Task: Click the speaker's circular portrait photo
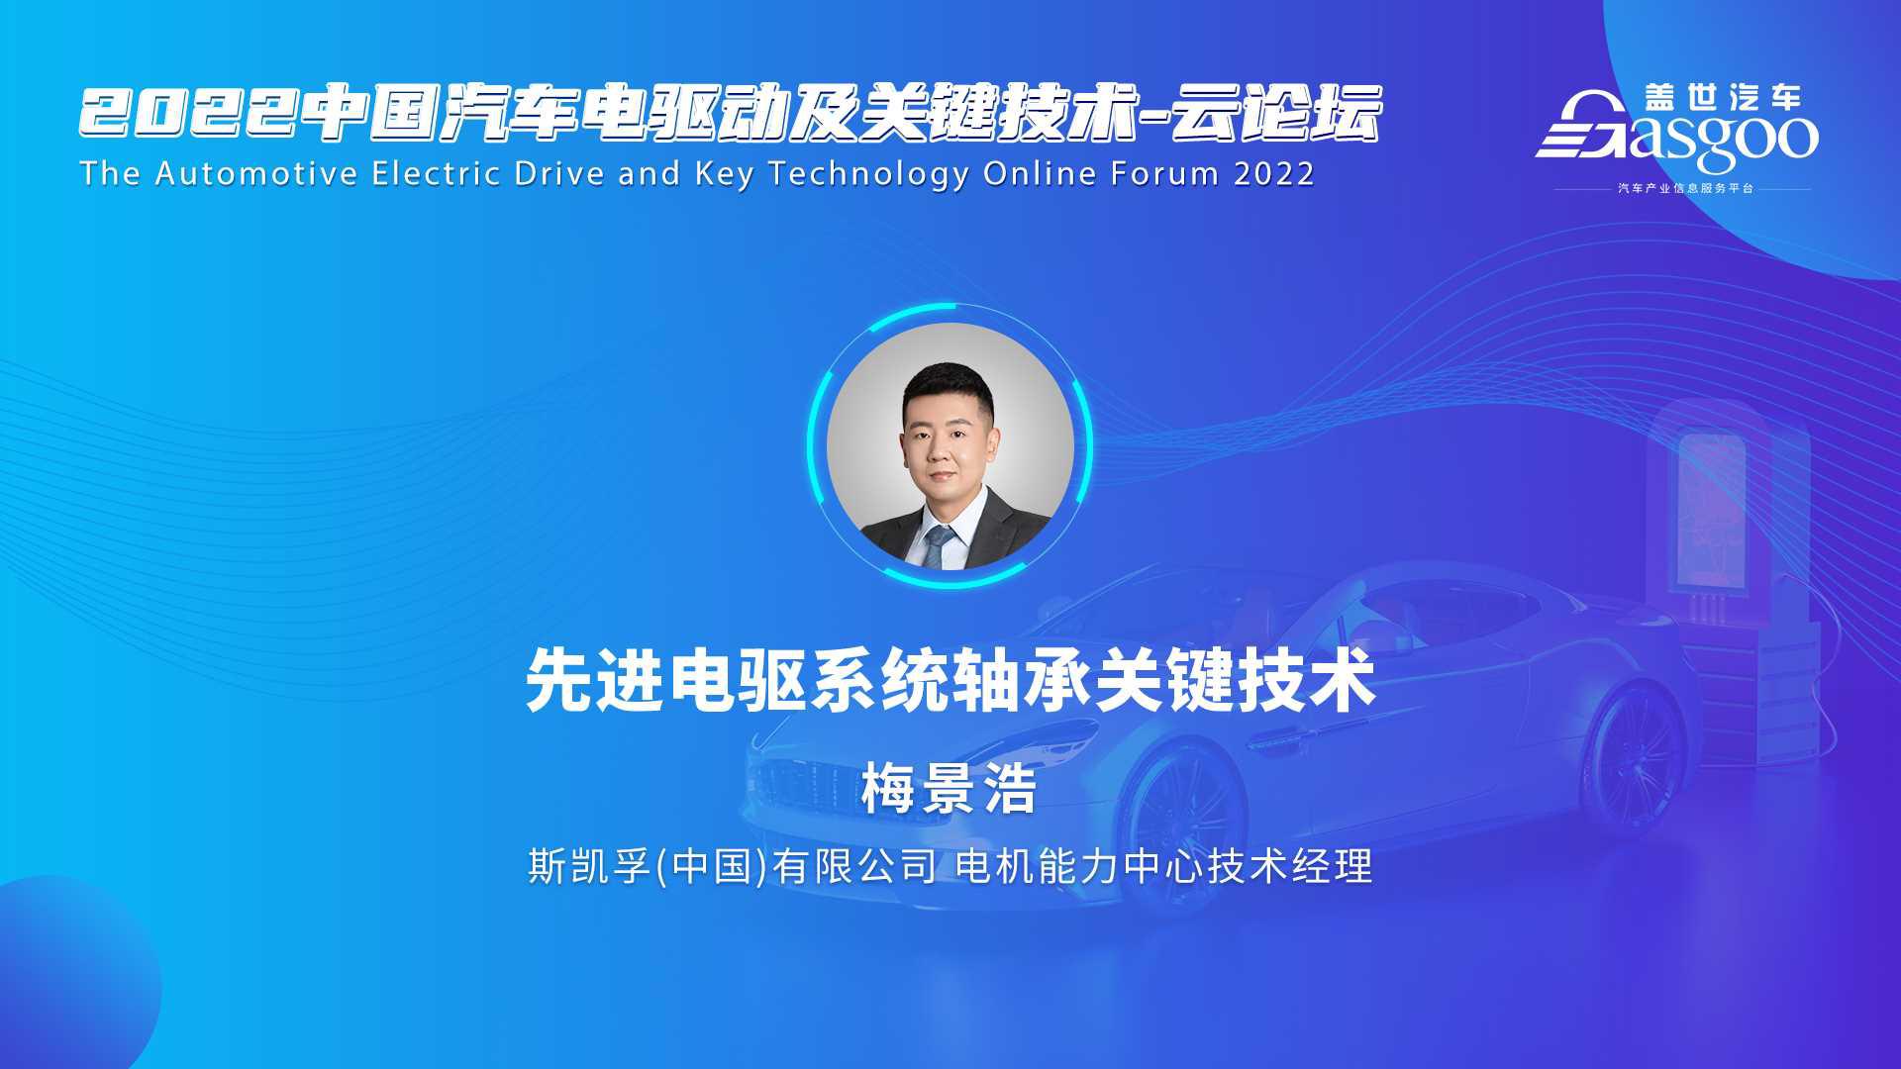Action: (x=950, y=445)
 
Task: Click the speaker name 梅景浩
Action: (x=949, y=790)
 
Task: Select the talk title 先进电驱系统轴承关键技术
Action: (x=950, y=680)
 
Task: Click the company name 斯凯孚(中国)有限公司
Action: (x=733, y=866)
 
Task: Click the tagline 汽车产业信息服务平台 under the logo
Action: (x=1685, y=188)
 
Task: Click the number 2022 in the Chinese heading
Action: (x=189, y=114)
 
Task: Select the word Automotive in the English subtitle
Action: (x=256, y=173)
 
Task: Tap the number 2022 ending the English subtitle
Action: (x=1274, y=173)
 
